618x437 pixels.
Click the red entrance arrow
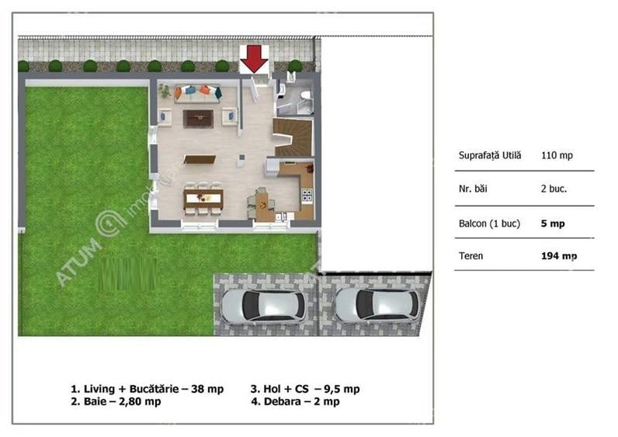click(254, 58)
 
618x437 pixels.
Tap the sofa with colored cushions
click(197, 92)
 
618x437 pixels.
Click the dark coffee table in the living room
click(198, 118)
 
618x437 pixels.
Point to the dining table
click(203, 197)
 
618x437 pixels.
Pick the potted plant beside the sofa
click(165, 92)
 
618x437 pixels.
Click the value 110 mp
click(557, 155)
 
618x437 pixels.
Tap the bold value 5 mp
click(553, 223)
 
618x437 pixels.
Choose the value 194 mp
click(558, 255)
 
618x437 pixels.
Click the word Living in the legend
click(98, 389)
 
